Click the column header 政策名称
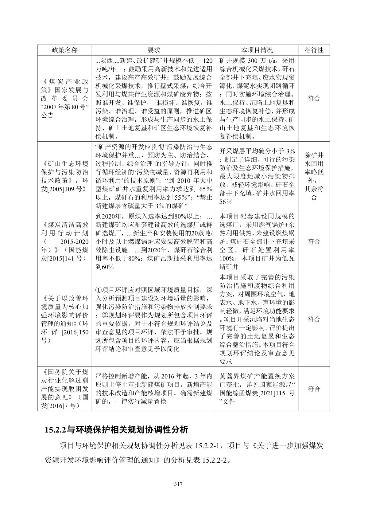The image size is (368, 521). (64, 50)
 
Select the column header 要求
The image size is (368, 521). (154, 50)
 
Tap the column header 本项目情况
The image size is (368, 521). (257, 50)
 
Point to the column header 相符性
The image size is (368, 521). (314, 50)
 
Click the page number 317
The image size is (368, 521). (178, 484)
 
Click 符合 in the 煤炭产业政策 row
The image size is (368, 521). (314, 99)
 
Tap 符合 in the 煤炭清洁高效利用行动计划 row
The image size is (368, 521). (314, 241)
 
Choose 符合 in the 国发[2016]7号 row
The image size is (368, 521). (314, 389)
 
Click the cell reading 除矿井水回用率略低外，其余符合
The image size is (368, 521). (314, 176)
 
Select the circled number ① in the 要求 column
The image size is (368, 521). (99, 290)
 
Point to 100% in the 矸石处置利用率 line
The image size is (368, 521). (227, 258)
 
